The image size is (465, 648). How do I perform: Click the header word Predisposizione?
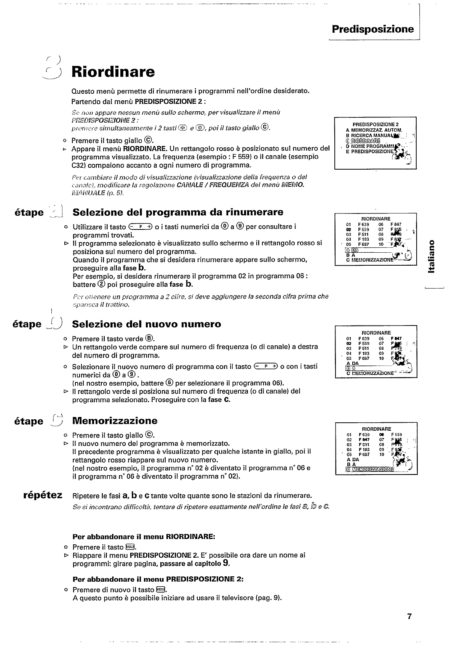pos(372,29)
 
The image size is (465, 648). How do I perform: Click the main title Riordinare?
pos(113,72)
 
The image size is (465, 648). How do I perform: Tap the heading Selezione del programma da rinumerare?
pos(178,212)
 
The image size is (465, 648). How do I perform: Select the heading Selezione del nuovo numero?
pos(146,324)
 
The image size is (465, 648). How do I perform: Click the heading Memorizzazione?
pos(115,421)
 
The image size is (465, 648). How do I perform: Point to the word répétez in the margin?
pos(43,495)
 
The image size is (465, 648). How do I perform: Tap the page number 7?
pos(409,616)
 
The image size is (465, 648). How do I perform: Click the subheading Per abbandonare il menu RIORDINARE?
pos(144,537)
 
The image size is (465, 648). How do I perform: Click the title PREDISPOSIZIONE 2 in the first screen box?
pos(375,124)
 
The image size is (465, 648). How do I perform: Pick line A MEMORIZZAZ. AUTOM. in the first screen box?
pos(374,130)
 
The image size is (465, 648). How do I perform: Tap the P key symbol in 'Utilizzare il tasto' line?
pos(141,227)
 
